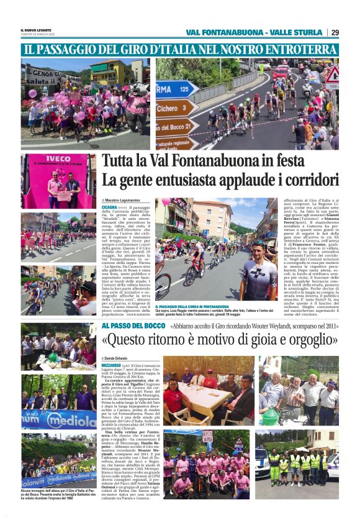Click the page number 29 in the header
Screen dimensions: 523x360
tap(335, 32)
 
